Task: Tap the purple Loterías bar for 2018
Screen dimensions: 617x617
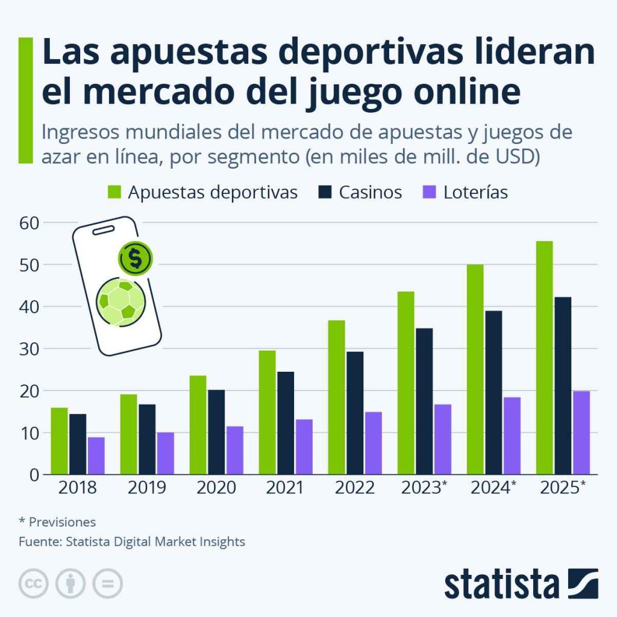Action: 96,456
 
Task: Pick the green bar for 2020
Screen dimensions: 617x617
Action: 198,425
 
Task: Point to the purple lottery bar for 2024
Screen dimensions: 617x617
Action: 512,436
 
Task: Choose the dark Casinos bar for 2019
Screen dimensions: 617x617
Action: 147,439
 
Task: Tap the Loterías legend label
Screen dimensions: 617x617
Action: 475,192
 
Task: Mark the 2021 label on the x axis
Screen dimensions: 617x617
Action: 286,487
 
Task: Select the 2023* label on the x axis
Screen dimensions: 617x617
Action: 424,487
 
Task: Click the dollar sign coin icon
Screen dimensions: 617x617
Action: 136,258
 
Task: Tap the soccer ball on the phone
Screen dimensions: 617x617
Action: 121,301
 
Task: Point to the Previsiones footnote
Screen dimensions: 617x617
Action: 57,522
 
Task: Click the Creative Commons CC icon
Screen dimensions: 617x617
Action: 34,583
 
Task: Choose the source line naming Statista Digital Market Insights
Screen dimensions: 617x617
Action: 132,542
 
